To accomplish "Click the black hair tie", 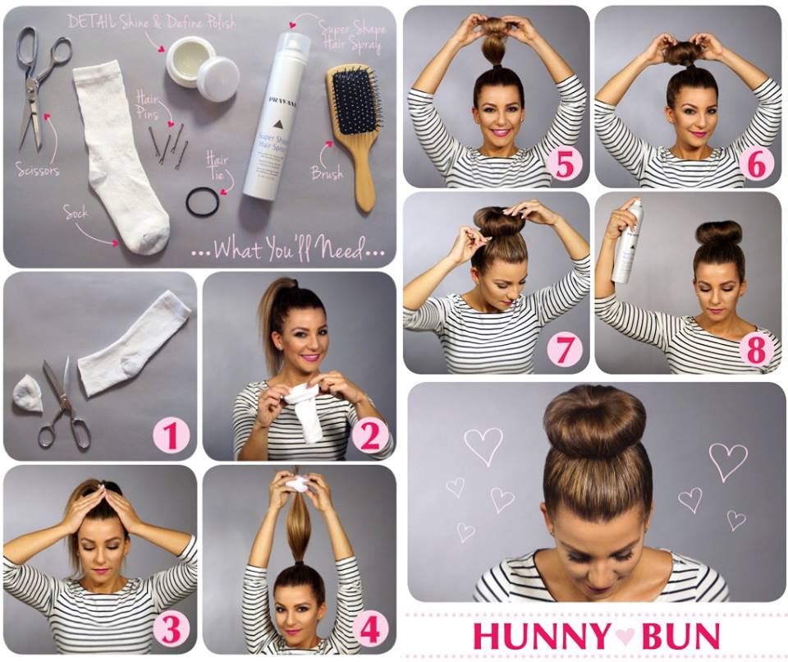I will (202, 201).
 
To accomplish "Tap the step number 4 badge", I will (370, 629).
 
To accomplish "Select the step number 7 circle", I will (565, 349).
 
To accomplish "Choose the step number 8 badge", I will (756, 350).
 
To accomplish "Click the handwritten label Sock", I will (76, 213).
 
